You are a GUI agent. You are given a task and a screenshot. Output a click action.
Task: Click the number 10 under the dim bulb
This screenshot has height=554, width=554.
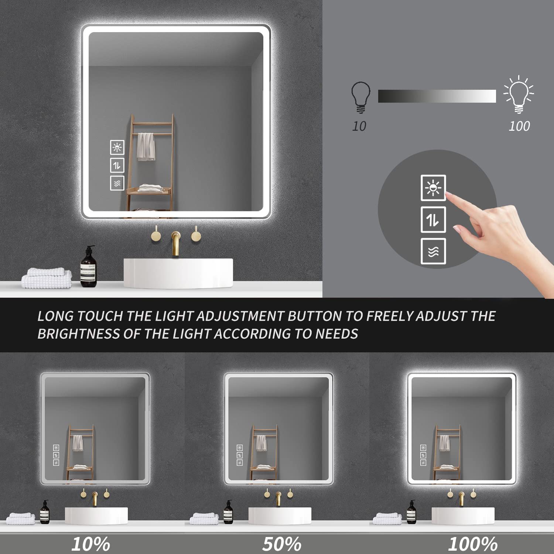click(359, 126)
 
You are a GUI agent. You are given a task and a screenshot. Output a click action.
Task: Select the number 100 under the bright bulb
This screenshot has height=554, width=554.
click(519, 126)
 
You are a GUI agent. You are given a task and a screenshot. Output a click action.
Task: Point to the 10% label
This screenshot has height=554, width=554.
click(90, 544)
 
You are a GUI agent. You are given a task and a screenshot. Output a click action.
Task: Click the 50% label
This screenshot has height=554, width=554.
click(282, 544)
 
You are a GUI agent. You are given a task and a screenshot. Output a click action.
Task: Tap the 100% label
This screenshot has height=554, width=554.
click(473, 544)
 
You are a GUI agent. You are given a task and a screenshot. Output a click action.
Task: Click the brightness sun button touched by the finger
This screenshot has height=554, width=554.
click(433, 188)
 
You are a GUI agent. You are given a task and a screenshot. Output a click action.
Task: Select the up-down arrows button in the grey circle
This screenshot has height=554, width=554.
click(433, 220)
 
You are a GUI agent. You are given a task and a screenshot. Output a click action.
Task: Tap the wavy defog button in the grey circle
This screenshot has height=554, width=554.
click(433, 252)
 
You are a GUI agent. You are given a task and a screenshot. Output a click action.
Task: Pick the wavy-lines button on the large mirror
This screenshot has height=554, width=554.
click(117, 183)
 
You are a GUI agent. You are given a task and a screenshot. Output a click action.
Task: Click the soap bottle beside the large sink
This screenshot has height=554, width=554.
click(88, 268)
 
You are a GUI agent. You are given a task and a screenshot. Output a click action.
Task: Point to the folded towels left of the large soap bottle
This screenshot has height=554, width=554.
click(47, 278)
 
